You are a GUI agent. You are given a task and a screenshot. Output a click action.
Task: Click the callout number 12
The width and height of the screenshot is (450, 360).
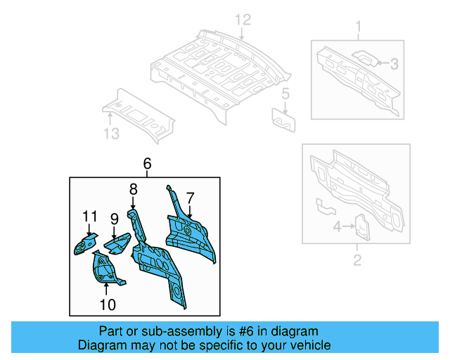pyautogui.click(x=242, y=19)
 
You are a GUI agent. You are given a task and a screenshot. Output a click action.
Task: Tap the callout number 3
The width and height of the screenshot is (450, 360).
pyautogui.click(x=394, y=64)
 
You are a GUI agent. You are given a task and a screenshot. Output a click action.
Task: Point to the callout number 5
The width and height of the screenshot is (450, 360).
pyautogui.click(x=285, y=93)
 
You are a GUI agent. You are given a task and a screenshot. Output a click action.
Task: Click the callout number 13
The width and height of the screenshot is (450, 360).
pyautogui.click(x=111, y=134)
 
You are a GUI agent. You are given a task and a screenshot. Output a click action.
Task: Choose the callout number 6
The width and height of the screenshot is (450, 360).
pyautogui.click(x=147, y=164)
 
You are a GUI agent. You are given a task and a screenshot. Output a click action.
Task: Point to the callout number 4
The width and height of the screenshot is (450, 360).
pyautogui.click(x=337, y=226)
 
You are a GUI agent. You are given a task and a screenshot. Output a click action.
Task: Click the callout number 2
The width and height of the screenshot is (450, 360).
pyautogui.click(x=356, y=262)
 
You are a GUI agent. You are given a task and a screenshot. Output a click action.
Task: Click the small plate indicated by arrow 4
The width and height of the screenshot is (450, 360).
pyautogui.click(x=361, y=226)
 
